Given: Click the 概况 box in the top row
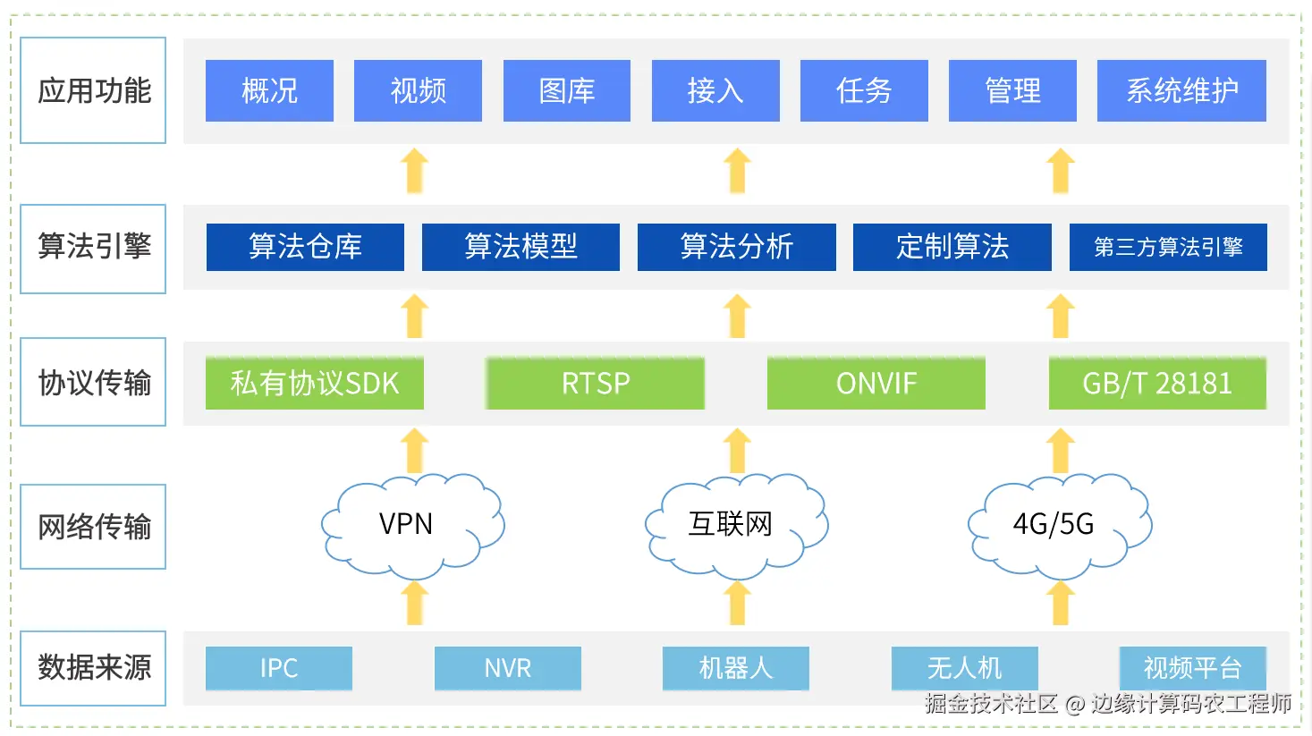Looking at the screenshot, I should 269,90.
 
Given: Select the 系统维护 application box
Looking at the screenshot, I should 1181,90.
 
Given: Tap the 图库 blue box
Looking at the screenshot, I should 566,90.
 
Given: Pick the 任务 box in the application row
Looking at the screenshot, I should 864,90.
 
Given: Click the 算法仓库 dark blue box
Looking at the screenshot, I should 305,247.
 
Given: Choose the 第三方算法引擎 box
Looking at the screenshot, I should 1168,247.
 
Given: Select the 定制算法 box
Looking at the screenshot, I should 952,247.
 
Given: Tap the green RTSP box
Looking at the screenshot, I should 596,384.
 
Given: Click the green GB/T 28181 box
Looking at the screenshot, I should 1157,384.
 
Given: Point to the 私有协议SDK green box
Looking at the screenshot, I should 314,384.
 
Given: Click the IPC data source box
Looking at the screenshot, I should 279,668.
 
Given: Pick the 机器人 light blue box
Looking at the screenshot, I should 735,668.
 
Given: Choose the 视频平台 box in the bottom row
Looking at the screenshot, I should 1192,668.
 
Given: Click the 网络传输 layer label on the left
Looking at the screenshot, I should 93,527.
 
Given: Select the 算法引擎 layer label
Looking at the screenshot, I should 93,248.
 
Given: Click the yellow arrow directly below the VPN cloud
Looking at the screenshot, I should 414,604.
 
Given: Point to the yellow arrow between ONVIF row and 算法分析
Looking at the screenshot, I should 737,317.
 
